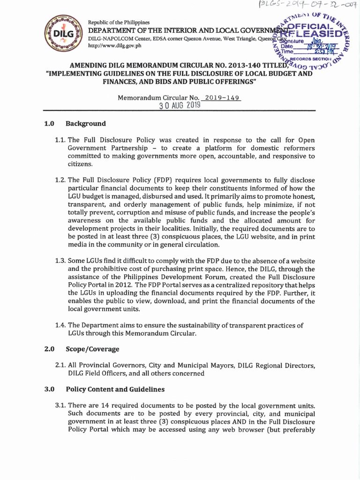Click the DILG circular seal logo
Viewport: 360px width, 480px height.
tap(63, 34)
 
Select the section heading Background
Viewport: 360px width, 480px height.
tap(86, 124)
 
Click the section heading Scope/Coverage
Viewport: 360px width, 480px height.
tap(92, 349)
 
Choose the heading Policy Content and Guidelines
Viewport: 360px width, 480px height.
tap(115, 389)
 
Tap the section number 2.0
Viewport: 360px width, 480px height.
tap(50, 349)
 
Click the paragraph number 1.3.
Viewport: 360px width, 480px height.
tap(60, 261)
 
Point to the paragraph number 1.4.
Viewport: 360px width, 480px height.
tap(60, 325)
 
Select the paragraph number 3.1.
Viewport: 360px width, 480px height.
tap(60, 405)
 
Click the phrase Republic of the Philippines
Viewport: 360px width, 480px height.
tap(119, 22)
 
